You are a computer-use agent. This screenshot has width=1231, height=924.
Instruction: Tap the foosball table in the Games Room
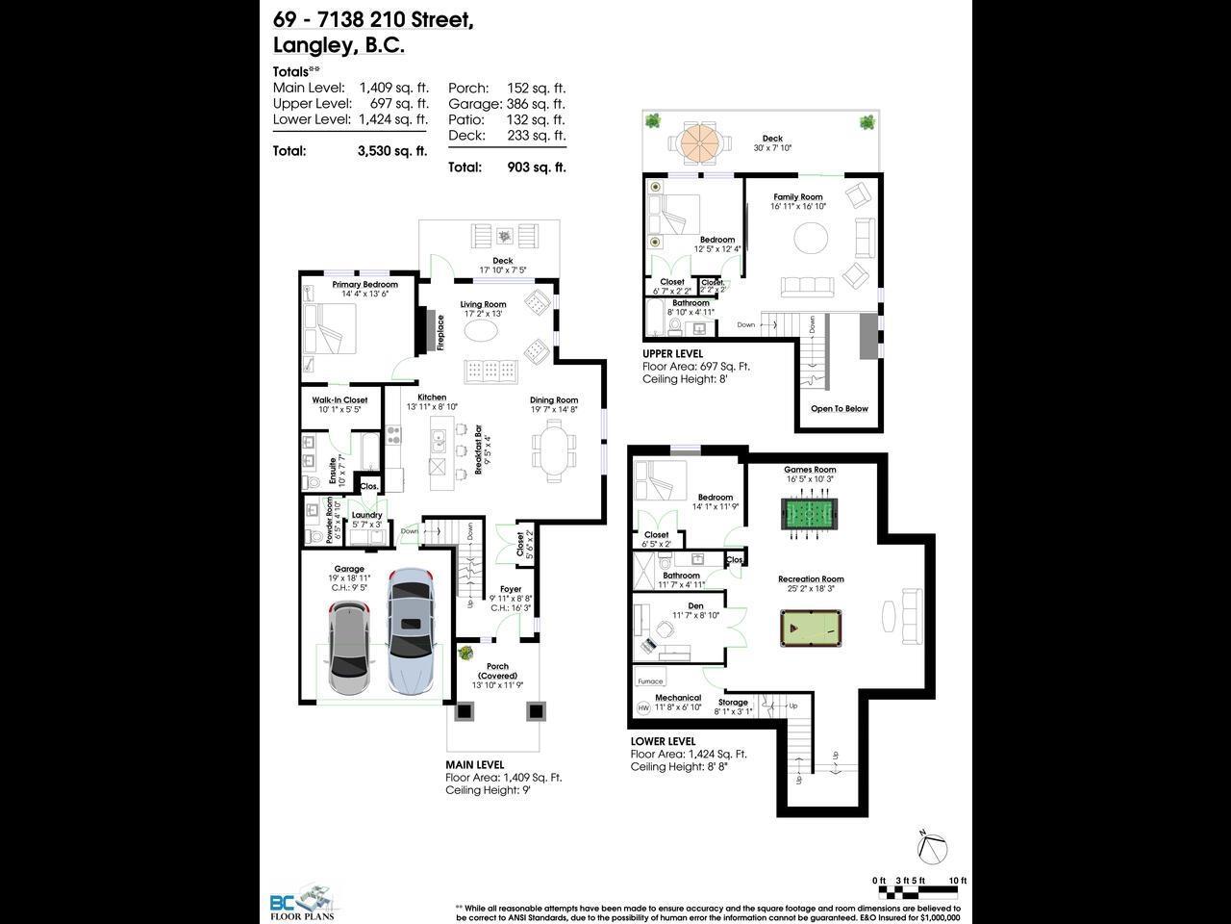812,512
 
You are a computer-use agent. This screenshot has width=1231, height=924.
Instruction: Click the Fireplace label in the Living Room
441,333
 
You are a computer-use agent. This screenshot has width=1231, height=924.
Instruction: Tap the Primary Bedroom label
364,285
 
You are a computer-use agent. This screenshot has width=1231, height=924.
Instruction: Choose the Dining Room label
554,400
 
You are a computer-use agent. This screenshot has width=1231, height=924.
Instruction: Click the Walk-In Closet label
339,400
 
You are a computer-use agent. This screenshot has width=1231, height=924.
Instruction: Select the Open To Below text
839,409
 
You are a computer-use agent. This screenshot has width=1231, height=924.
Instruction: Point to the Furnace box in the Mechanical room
650,680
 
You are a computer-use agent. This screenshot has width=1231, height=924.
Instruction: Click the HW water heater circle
643,708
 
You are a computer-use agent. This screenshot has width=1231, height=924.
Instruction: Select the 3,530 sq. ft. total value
391,151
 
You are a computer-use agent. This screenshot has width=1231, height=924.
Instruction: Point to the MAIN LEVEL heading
474,765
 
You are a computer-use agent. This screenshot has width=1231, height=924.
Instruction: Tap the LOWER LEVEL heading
663,741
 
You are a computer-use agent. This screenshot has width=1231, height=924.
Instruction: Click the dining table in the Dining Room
553,452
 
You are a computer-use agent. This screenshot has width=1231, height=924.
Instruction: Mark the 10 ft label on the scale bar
957,881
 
